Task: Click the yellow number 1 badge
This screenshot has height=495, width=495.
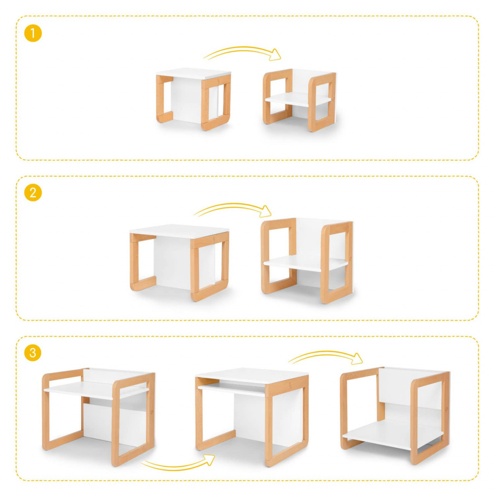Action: [32, 33]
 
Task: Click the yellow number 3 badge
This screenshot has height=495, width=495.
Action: [32, 353]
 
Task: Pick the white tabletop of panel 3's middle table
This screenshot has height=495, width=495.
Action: [252, 376]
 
